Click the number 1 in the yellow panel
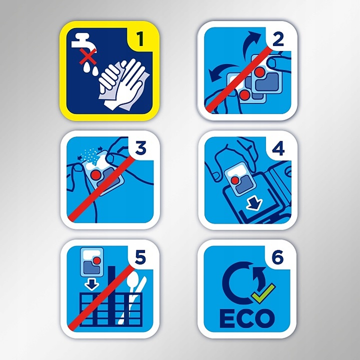[140, 39]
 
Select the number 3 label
[140, 148]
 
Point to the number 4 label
[278, 149]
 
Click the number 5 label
[140, 258]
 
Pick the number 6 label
[277, 257]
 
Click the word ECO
[247, 319]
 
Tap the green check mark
[263, 294]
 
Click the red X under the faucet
[88, 56]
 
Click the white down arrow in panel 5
[91, 285]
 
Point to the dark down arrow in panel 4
[254, 204]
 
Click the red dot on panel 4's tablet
[234, 180]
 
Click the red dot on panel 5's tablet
[96, 260]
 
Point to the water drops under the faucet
[91, 68]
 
